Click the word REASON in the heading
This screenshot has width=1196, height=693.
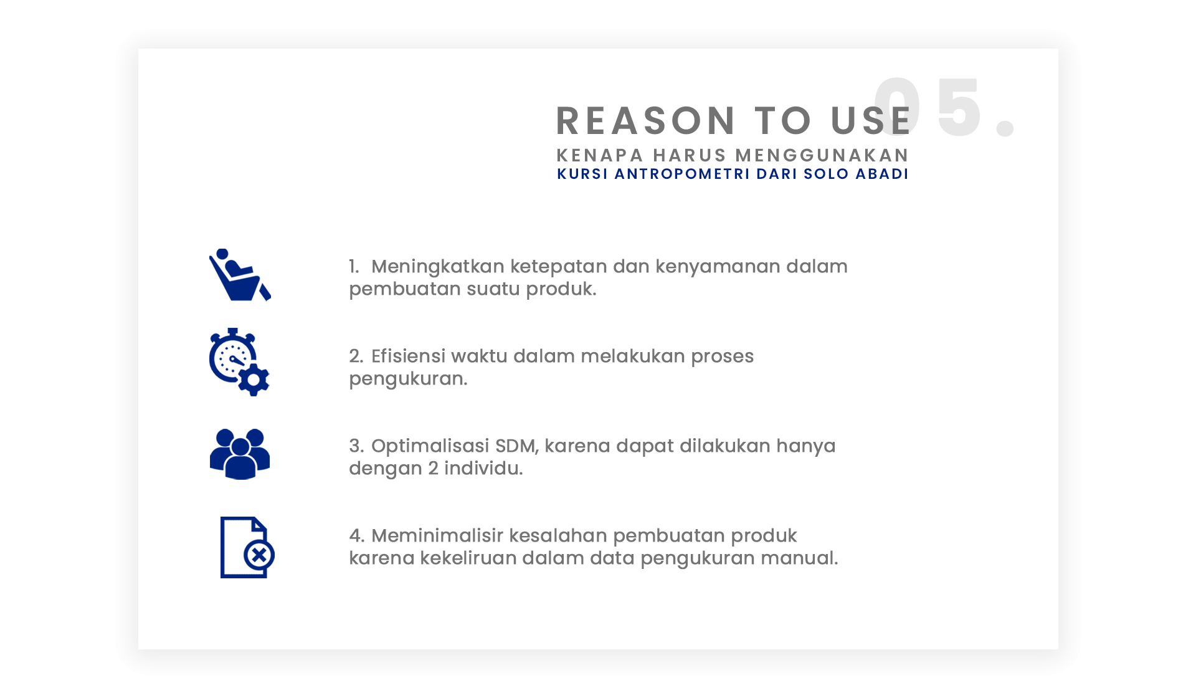click(x=646, y=120)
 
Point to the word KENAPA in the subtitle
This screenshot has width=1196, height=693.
click(x=599, y=155)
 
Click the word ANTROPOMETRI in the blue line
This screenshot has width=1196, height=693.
click(x=682, y=174)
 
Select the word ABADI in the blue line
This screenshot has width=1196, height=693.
click(x=882, y=174)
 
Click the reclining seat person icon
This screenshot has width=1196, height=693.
click(x=240, y=275)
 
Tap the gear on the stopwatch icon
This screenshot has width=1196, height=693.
click(x=254, y=380)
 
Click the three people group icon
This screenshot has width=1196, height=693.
click(x=240, y=454)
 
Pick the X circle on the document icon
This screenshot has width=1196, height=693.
click(x=259, y=554)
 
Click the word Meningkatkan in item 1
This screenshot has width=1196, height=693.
click(x=438, y=267)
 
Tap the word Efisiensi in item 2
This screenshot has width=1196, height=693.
click(x=409, y=356)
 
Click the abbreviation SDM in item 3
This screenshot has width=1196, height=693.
click(x=515, y=446)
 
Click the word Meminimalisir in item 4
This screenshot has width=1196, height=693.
click(x=437, y=536)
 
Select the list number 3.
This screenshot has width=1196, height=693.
click(x=356, y=446)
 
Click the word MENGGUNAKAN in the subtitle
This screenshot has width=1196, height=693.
click(x=822, y=155)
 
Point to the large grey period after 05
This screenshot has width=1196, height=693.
click(x=1005, y=128)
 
